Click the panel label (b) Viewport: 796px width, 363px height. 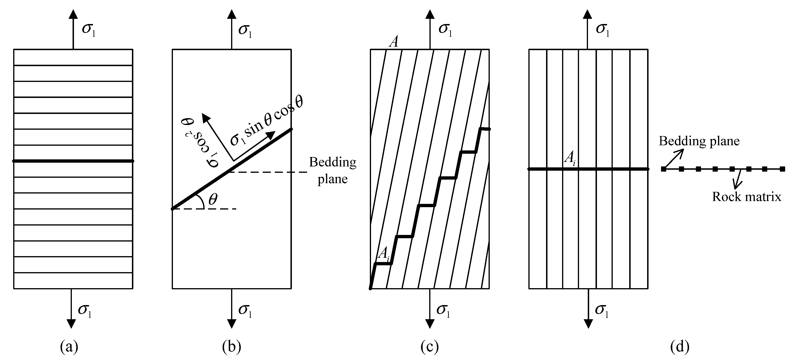(x=231, y=347)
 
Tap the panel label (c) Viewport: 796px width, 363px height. (x=429, y=347)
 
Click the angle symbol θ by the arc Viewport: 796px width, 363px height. (x=213, y=199)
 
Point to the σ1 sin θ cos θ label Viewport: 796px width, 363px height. (x=266, y=121)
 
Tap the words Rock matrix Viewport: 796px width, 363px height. (x=747, y=197)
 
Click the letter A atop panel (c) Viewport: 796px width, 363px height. (x=394, y=42)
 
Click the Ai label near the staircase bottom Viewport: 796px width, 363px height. (x=384, y=254)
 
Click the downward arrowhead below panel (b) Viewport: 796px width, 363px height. (x=231, y=323)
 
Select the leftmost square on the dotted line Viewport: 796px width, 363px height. (x=663, y=169)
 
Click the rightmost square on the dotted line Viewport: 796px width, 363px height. (x=782, y=169)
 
